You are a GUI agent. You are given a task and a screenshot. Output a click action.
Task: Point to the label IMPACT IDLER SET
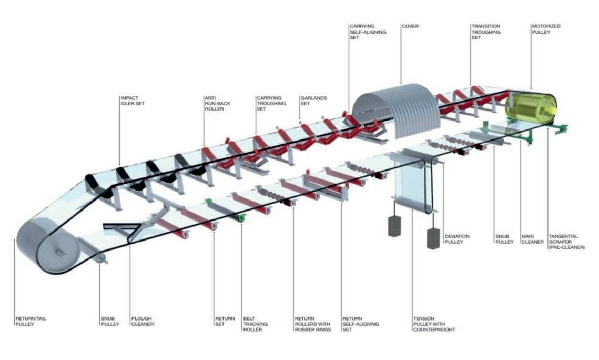click(132, 101)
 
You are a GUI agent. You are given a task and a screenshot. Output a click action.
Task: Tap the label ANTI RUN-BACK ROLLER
click(217, 103)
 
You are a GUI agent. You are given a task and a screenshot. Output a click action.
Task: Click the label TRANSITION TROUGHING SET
click(485, 32)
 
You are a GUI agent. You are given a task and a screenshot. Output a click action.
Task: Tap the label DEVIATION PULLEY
click(457, 239)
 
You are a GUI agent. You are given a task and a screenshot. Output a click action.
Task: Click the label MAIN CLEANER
click(532, 239)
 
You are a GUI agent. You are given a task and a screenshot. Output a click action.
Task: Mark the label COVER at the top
click(410, 26)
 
